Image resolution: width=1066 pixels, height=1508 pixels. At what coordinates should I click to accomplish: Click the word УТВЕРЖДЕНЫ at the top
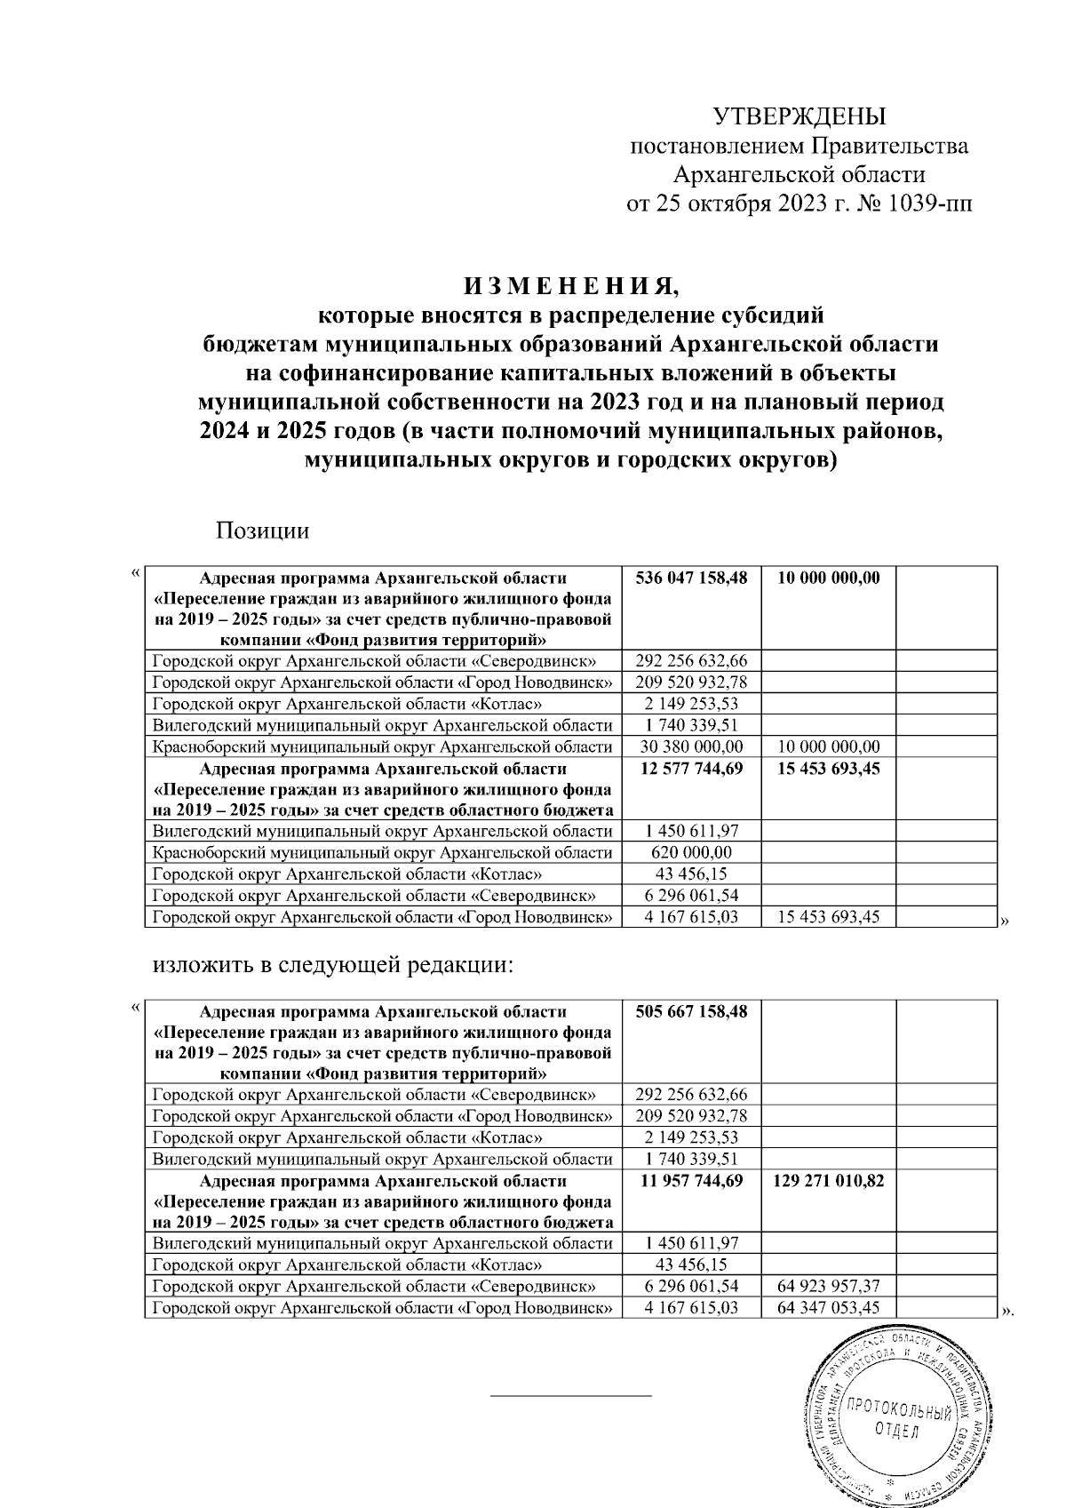(799, 116)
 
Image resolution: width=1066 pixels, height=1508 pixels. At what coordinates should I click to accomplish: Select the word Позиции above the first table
(262, 531)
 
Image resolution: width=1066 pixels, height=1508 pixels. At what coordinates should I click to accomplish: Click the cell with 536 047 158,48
(691, 578)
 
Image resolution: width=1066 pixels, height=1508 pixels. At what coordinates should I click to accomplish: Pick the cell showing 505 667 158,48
(691, 1012)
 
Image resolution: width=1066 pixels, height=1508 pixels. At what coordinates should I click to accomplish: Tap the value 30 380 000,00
(691, 746)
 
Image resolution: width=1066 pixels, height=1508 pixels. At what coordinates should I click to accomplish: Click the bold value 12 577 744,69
(691, 769)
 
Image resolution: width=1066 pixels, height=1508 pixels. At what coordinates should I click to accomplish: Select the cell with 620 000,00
(691, 853)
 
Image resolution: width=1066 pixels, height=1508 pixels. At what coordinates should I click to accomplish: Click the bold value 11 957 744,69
(691, 1182)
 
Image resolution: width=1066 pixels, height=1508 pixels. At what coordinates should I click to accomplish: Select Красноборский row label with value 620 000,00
(383, 853)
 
